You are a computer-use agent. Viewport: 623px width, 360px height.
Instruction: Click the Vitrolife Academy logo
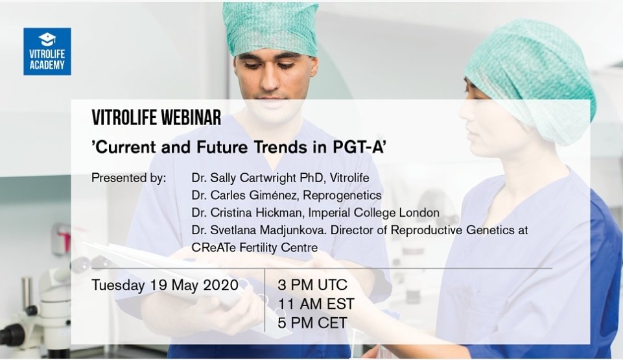[47, 51]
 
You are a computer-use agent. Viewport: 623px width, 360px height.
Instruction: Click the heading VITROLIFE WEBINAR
[156, 118]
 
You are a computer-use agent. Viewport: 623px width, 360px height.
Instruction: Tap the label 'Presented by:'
[129, 177]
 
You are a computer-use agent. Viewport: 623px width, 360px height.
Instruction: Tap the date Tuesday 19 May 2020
[165, 285]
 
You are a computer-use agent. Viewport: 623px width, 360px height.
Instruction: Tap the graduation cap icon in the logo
[47, 38]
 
